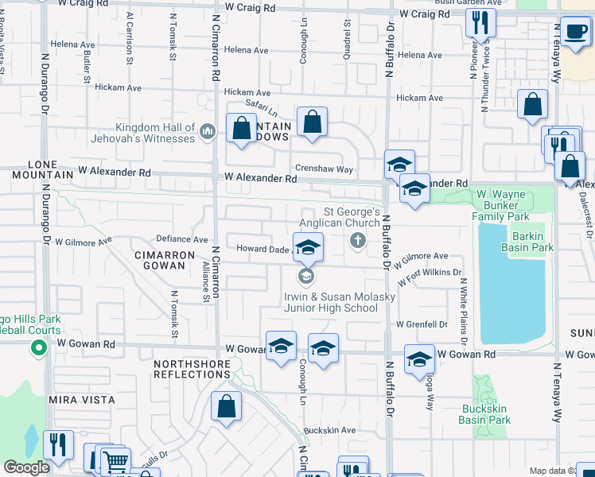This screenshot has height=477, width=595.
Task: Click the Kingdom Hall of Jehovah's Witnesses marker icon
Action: [x=207, y=130]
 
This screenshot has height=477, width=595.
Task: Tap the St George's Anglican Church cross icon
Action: [x=358, y=240]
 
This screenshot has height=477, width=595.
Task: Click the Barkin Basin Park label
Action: [x=527, y=242]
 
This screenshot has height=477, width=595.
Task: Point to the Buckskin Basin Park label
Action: [x=485, y=414]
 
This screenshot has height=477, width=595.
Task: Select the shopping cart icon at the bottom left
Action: [x=116, y=460]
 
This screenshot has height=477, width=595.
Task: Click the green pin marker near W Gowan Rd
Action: [x=37, y=347]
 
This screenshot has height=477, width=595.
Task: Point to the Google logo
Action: [x=26, y=467]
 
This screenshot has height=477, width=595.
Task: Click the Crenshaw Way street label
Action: [x=324, y=169]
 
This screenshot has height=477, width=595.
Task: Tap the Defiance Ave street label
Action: [x=181, y=238]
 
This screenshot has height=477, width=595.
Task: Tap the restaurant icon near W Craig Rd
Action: [x=480, y=22]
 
